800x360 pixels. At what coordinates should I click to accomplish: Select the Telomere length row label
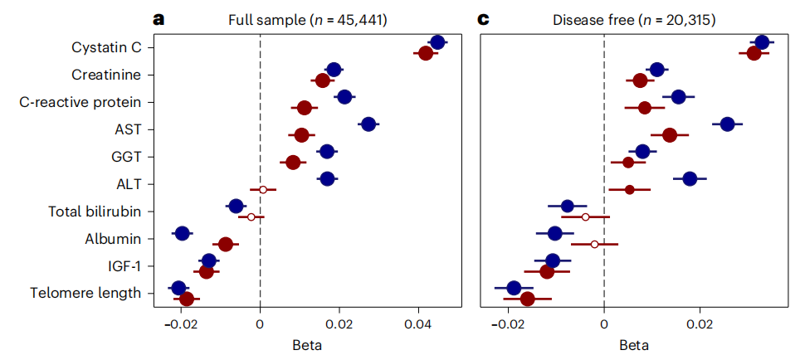click(x=91, y=293)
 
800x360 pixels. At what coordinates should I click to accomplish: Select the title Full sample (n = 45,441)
click(x=300, y=18)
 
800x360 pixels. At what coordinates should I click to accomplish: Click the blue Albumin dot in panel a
click(x=183, y=233)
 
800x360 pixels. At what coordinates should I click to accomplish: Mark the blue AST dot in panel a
click(x=368, y=124)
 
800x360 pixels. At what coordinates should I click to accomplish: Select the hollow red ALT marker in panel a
click(x=263, y=190)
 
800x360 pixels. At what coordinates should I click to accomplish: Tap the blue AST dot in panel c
click(x=727, y=124)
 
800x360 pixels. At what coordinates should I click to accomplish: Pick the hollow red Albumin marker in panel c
click(x=595, y=245)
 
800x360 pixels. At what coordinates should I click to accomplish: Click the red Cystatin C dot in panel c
click(x=754, y=54)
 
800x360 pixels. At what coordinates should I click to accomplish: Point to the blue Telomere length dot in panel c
click(x=514, y=288)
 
